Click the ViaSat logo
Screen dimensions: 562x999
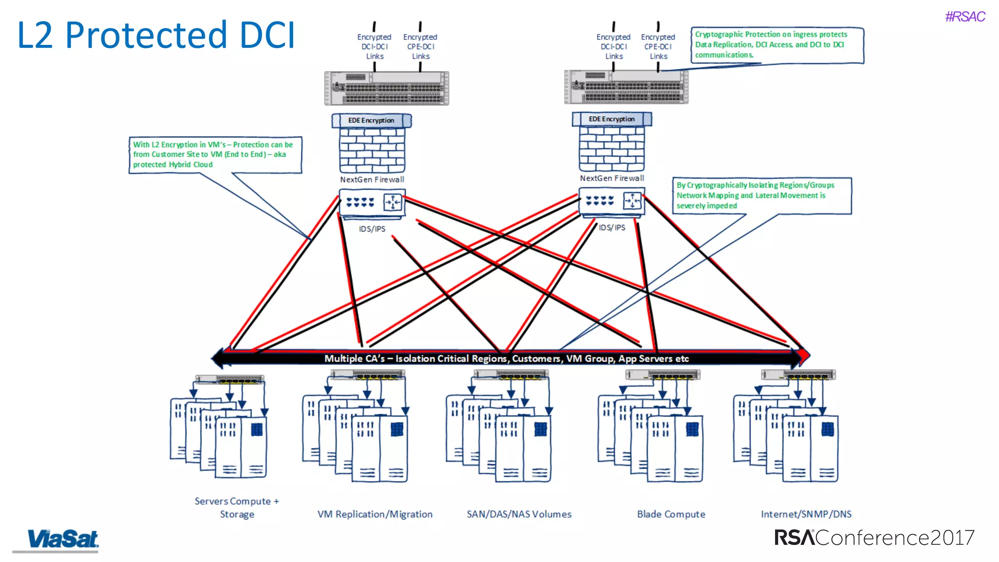62,540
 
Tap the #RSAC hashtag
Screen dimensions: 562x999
964,17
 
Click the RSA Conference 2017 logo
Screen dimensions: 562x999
874,538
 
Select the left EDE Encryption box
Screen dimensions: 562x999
371,120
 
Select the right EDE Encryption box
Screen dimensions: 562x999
611,119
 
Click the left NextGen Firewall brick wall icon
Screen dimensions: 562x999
372,150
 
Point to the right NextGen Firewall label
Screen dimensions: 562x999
612,179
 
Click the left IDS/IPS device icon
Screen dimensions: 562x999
372,202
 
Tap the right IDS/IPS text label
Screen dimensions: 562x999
612,228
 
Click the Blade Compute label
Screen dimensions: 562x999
671,514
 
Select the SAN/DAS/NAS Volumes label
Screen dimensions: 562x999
519,514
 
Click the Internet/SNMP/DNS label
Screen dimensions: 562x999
806,514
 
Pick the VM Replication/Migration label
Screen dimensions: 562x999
375,514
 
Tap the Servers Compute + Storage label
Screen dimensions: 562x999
237,507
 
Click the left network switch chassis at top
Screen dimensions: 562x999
386,88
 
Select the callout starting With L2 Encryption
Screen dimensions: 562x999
215,155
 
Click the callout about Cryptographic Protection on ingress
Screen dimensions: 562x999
777,45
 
